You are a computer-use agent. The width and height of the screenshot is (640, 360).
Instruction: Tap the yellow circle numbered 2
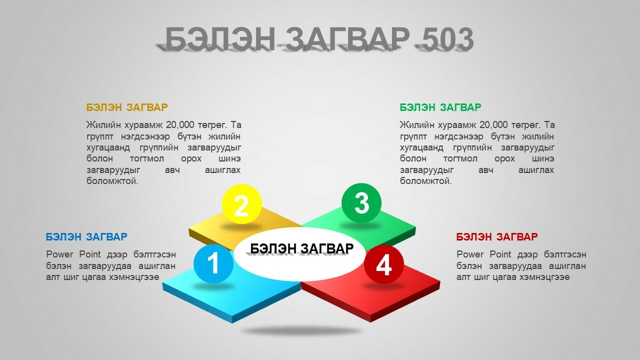[241, 204]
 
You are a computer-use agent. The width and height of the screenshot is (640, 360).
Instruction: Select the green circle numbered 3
[361, 203]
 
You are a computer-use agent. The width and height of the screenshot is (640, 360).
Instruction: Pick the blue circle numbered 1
[213, 263]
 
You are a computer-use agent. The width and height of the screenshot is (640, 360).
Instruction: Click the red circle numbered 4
[383, 264]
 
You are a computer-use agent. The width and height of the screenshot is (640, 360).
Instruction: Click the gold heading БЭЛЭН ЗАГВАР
[127, 107]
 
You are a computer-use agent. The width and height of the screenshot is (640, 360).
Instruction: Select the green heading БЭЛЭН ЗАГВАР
[440, 107]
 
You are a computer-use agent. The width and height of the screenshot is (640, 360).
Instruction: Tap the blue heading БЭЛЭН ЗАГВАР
[86, 237]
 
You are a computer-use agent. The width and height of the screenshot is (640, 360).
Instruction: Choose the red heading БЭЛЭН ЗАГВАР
[497, 237]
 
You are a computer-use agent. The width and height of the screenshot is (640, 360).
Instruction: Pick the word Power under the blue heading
[59, 254]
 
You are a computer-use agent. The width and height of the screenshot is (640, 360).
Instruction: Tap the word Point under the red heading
[500, 254]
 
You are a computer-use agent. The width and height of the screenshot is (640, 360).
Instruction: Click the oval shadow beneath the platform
[301, 331]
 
